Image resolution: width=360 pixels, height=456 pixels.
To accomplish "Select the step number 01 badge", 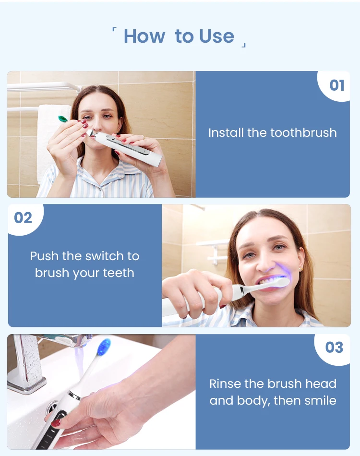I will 336,85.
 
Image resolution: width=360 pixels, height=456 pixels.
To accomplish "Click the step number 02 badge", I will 23,217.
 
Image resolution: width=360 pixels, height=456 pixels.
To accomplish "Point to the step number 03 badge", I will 334,347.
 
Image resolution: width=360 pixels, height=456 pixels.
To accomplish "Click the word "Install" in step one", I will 226,132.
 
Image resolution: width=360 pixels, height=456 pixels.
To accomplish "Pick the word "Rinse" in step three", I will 225,384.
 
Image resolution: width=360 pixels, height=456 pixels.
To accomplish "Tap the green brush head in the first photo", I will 62,118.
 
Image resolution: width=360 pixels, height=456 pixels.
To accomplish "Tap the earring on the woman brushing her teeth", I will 300,269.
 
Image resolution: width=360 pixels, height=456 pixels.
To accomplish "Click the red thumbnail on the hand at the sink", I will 56,422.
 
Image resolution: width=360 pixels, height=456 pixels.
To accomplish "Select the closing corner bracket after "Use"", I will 244,45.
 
